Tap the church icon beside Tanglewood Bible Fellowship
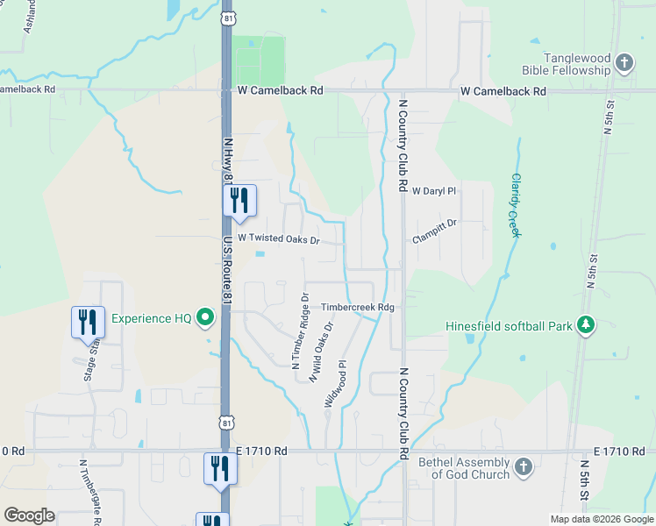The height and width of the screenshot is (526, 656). [x=624, y=63]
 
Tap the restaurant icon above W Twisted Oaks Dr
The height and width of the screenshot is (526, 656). [x=239, y=201]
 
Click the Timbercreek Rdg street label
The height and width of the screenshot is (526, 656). [x=359, y=308]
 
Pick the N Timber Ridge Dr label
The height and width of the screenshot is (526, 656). [x=300, y=331]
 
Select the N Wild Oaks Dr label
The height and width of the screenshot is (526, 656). [x=320, y=350]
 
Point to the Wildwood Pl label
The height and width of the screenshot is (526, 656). [x=336, y=383]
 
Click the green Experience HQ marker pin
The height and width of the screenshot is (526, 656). [x=206, y=317]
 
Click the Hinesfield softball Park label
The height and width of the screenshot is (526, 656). [x=509, y=326]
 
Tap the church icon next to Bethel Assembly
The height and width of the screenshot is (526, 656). [x=523, y=467]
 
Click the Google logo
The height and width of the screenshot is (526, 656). [x=29, y=515]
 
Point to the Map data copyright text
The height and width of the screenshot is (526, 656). [x=601, y=519]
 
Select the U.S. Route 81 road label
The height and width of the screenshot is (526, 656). [x=226, y=271]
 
